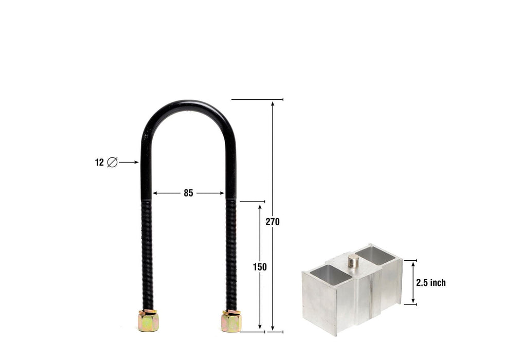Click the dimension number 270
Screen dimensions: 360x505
click(273, 222)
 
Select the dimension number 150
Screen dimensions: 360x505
click(260, 267)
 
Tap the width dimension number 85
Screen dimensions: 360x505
click(188, 193)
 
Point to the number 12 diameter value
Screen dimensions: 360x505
click(99, 163)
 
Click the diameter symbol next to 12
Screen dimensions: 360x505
click(112, 163)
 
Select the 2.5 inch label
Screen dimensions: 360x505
click(430, 282)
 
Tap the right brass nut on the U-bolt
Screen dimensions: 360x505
click(231, 321)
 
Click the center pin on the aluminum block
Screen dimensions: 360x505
click(353, 260)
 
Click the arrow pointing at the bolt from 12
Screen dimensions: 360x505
click(130, 163)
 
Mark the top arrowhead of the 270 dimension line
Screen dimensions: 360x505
click(273, 103)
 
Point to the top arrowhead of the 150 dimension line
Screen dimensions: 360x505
click(260, 206)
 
